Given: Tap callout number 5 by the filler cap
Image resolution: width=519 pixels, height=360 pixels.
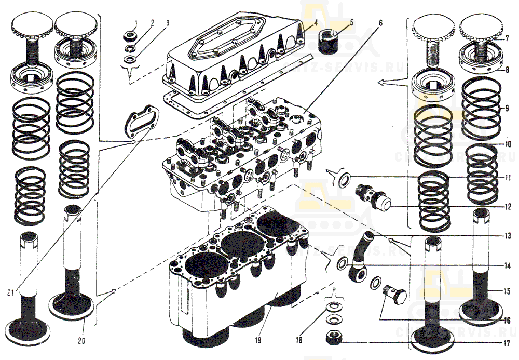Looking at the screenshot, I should [351, 22].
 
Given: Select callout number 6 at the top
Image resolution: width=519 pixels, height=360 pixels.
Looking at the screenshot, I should [380, 23].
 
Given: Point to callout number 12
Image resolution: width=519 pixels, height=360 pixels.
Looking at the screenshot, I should [507, 205].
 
